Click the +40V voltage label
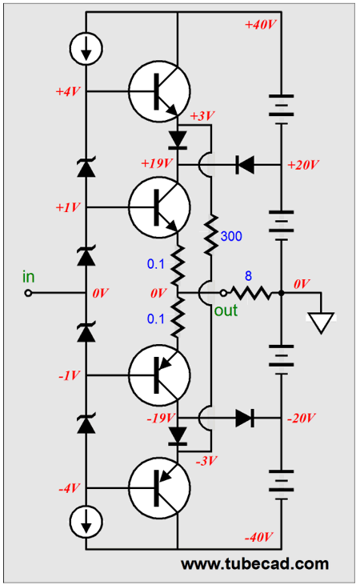(260, 25)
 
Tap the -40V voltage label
(259, 537)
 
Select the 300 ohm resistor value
(231, 236)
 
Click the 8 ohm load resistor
(252, 293)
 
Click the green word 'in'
(29, 277)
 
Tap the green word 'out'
(226, 311)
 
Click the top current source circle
(86, 49)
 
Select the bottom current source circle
(86, 521)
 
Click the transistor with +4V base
(159, 91)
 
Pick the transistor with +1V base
(159, 207)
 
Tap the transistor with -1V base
(159, 375)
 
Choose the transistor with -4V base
(159, 488)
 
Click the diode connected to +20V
(245, 165)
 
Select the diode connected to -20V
(245, 418)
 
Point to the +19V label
(157, 163)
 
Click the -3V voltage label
(206, 461)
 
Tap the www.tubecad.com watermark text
(254, 563)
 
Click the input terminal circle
(28, 293)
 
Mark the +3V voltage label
(202, 116)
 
